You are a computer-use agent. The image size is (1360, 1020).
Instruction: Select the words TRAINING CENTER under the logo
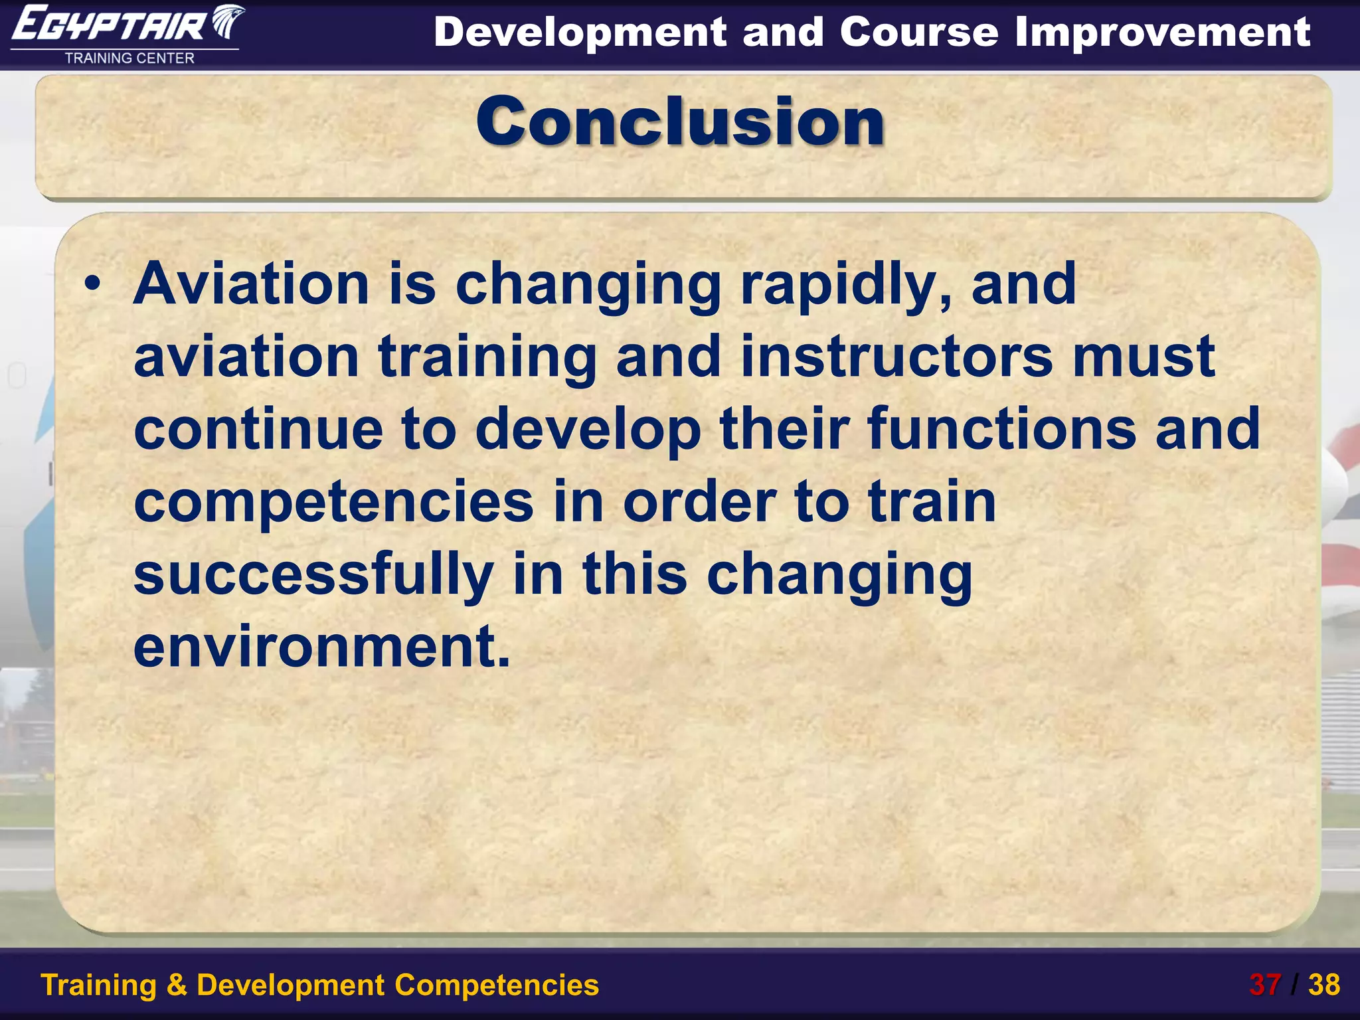pyautogui.click(x=129, y=58)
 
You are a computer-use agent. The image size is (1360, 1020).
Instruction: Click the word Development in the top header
pyautogui.click(x=580, y=33)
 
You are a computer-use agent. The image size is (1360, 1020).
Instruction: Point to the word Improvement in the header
pyautogui.click(x=1162, y=33)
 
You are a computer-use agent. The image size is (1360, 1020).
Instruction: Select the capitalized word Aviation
pyautogui.click(x=251, y=284)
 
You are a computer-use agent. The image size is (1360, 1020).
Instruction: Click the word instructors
pyautogui.click(x=896, y=357)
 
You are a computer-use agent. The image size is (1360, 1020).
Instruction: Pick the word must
pyautogui.click(x=1144, y=357)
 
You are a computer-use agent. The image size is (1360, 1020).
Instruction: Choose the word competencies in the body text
pyautogui.click(x=333, y=503)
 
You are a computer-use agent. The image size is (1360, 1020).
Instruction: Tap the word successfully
pyautogui.click(x=313, y=575)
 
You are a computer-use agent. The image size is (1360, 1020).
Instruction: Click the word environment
pyautogui.click(x=321, y=646)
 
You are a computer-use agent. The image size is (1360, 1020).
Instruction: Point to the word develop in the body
pyautogui.click(x=588, y=430)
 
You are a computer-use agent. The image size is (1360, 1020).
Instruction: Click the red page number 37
pyautogui.click(x=1264, y=985)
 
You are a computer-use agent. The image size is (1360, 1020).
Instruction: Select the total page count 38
pyautogui.click(x=1324, y=985)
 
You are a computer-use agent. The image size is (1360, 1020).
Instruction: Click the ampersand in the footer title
pyautogui.click(x=176, y=985)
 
